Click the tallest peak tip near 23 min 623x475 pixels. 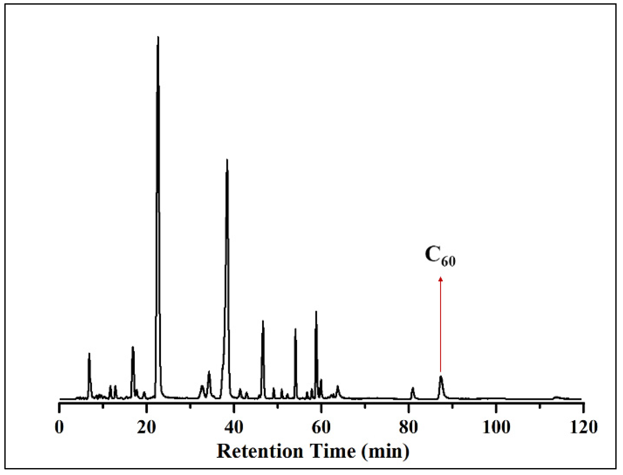point(158,37)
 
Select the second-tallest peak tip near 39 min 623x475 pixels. point(227,160)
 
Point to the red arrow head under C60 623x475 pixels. point(440,279)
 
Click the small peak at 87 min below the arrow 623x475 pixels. point(441,377)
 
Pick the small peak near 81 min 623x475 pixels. point(413,388)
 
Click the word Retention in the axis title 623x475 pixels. point(260,451)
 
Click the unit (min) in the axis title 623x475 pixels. point(385,451)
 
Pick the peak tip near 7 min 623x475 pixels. point(89,354)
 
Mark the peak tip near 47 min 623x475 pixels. point(263,321)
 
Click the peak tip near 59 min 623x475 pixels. point(316,311)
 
